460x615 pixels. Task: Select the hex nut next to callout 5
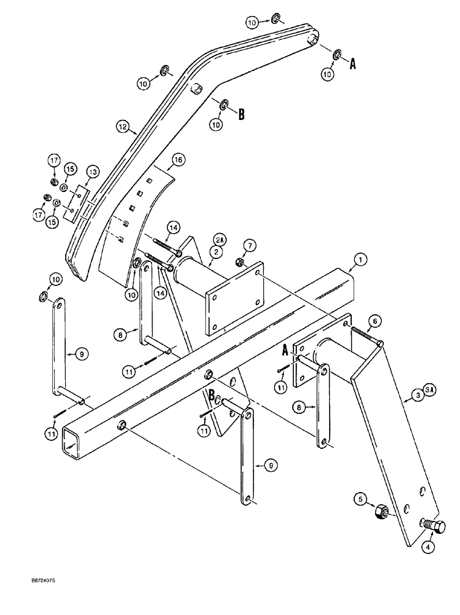pyautogui.click(x=381, y=511)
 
